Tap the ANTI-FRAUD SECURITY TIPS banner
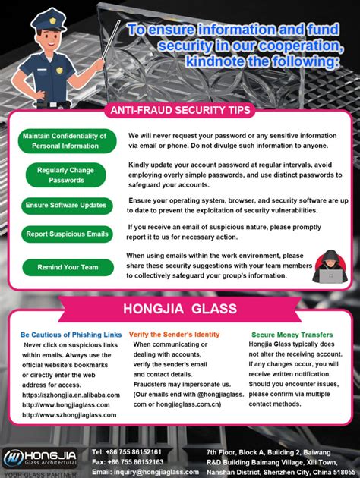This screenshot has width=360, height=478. [x=180, y=110]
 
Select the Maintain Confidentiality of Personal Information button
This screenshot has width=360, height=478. [x=65, y=140]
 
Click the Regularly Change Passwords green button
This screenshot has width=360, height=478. [x=66, y=175]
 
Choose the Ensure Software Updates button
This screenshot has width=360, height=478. [x=66, y=205]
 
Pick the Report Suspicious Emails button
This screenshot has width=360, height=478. [x=66, y=234]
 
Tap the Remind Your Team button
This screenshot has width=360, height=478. [x=68, y=267]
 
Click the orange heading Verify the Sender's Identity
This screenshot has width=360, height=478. [x=174, y=334]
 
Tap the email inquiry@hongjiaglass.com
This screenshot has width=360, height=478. [x=145, y=471]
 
